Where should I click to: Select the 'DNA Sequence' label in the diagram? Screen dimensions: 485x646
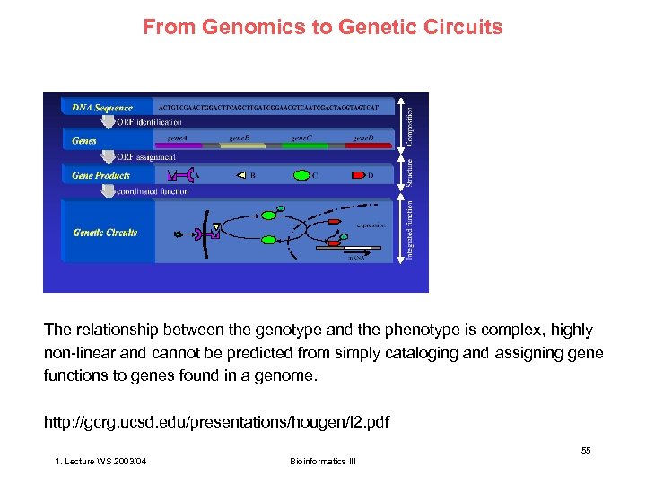(x=102, y=108)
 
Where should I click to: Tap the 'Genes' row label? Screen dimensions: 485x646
(x=84, y=141)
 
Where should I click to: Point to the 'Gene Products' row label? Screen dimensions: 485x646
(x=100, y=175)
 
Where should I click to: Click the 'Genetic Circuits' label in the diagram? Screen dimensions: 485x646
(x=105, y=233)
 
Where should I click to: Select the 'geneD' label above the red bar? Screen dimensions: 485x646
(x=362, y=138)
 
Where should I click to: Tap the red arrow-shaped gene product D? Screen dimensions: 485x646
(x=356, y=175)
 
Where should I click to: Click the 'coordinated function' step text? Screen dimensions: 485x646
(x=153, y=190)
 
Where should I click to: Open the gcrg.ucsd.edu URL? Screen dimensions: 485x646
(x=216, y=421)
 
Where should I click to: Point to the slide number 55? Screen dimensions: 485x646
(x=585, y=450)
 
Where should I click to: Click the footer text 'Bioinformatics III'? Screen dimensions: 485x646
(x=323, y=462)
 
